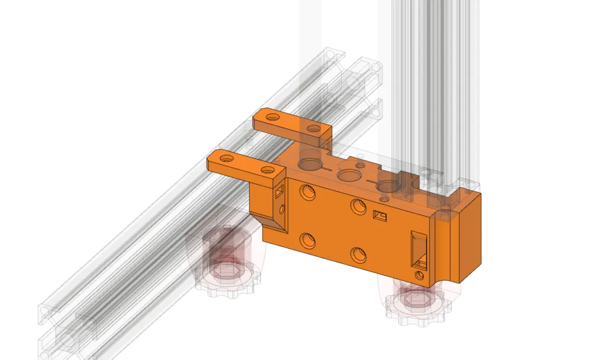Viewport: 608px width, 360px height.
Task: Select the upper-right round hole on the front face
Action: click(358, 206)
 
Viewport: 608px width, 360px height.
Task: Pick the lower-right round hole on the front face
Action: click(359, 254)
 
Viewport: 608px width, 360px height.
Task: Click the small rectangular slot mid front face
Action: click(379, 216)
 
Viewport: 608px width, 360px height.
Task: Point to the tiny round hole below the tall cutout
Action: click(420, 276)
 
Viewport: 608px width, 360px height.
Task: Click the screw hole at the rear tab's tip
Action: click(273, 118)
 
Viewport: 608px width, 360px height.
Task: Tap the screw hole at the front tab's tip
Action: click(227, 159)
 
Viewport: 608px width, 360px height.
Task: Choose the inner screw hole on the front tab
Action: click(266, 170)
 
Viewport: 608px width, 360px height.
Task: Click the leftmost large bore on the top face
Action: click(309, 163)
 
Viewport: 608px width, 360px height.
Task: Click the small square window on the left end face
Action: click(278, 191)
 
